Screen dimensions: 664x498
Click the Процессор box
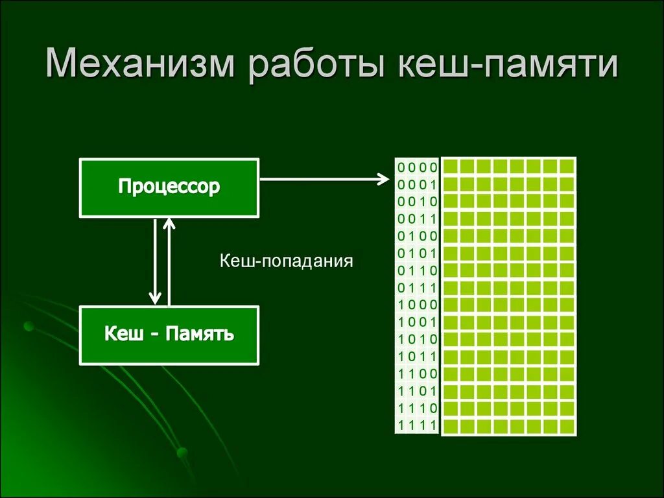pos(169,187)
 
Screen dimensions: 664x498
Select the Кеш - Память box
pos(169,335)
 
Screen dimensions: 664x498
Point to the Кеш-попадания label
pos(286,261)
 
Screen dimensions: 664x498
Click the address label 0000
pos(418,167)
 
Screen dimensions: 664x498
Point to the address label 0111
pos(418,288)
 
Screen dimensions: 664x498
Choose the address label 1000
pos(418,305)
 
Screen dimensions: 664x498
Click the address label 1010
pos(418,339)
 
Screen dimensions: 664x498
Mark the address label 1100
pos(418,373)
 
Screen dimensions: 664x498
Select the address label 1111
pos(418,425)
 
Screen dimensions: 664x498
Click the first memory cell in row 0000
pos(451,167)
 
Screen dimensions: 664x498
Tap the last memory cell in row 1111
pos(567,426)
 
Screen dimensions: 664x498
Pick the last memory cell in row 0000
pos(567,167)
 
